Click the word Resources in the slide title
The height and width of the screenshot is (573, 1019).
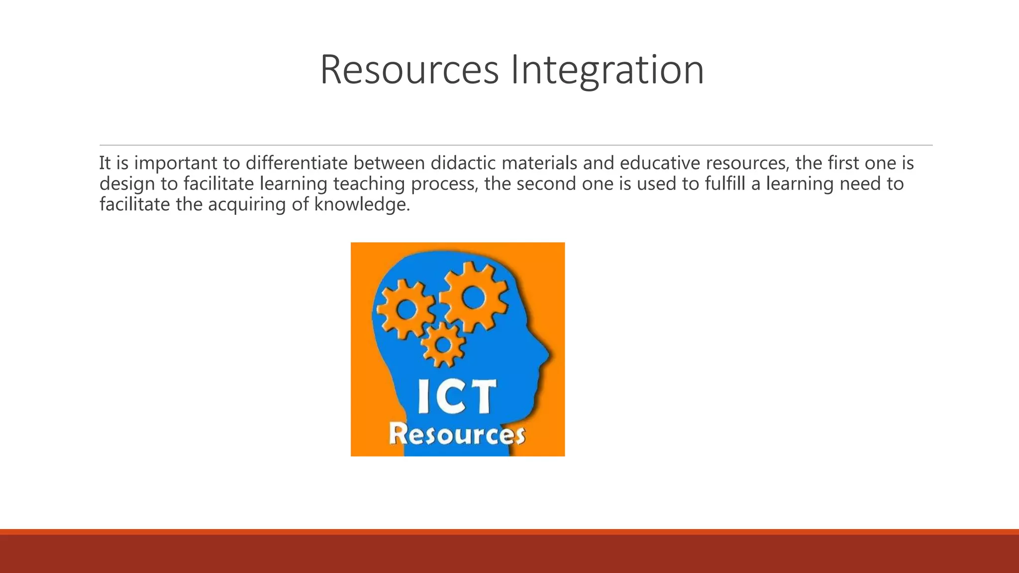pyautogui.click(x=409, y=70)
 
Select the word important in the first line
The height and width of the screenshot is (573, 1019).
pyautogui.click(x=176, y=163)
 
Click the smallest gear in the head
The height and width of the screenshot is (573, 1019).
pyautogui.click(x=442, y=345)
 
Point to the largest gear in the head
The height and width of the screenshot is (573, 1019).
pyautogui.click(x=473, y=297)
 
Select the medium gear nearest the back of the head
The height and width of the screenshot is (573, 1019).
pyautogui.click(x=405, y=309)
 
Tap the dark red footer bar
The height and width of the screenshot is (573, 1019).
pyautogui.click(x=509, y=553)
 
